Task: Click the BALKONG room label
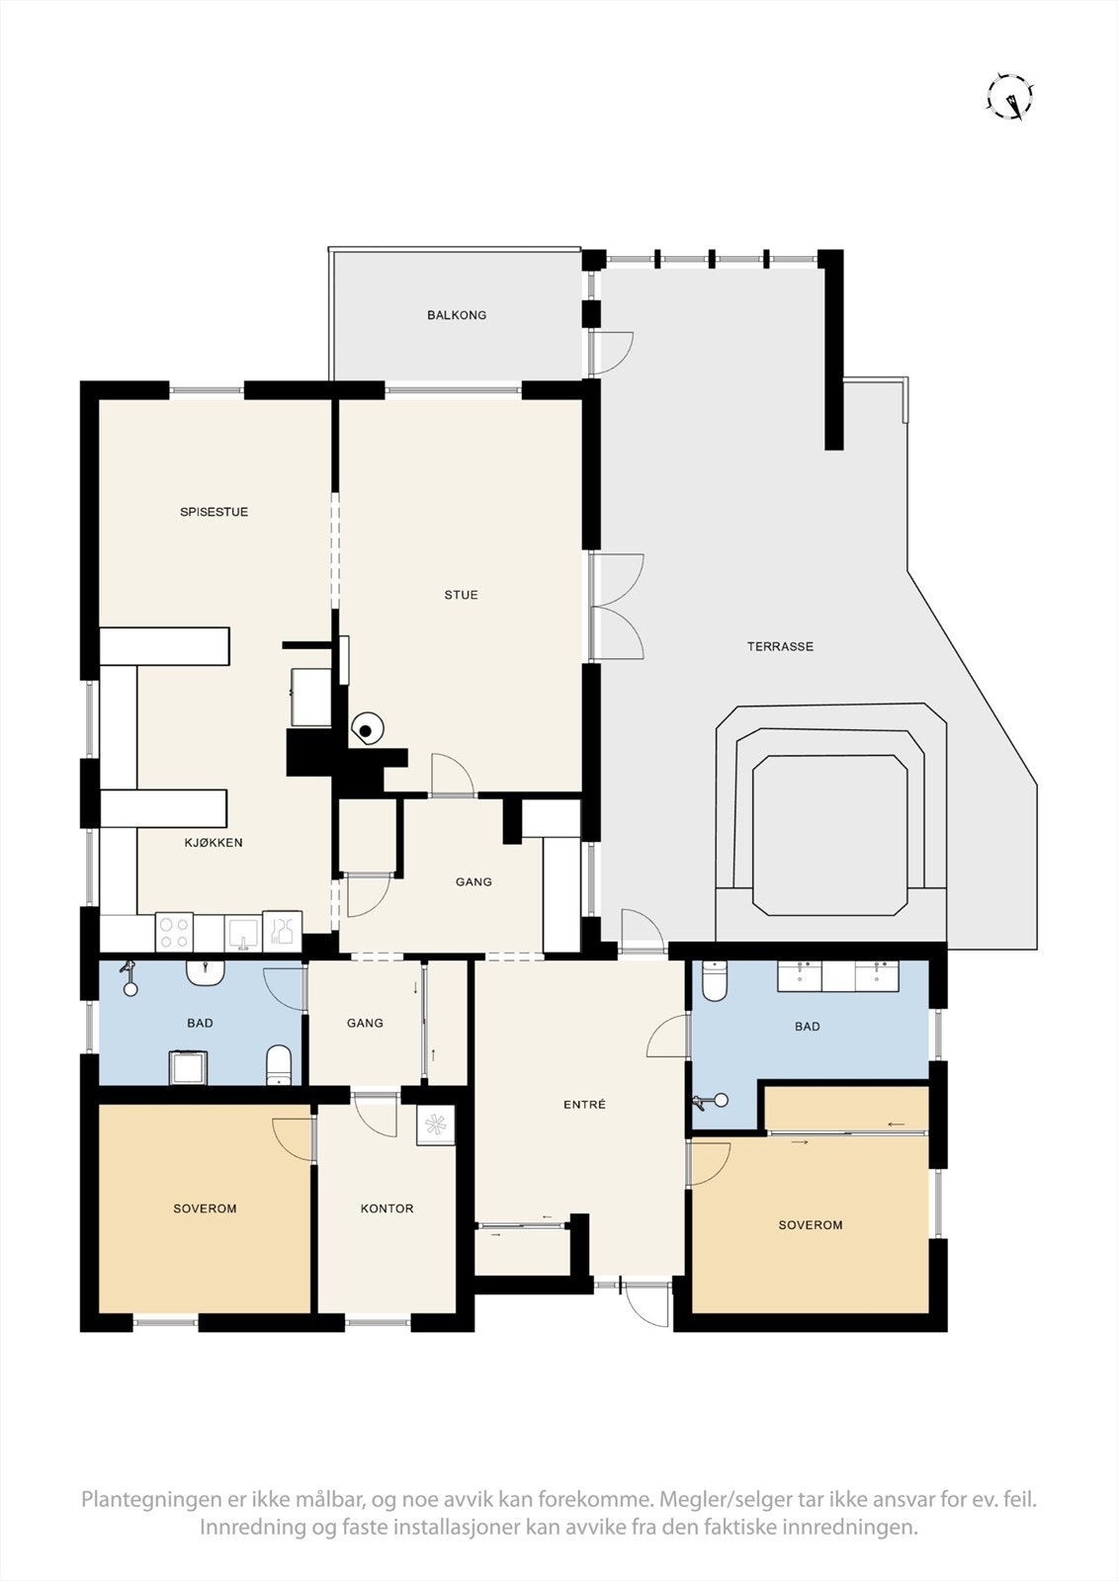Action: tap(457, 315)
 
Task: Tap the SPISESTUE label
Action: tap(214, 512)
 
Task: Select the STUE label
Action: tap(461, 595)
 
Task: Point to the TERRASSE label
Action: tap(780, 646)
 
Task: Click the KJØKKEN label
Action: tap(214, 843)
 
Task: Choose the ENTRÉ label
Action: tap(584, 1105)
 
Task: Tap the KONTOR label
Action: tap(387, 1208)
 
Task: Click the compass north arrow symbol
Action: tap(1010, 98)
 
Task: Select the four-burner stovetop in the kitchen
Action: tap(174, 932)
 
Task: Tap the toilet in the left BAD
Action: tap(280, 1064)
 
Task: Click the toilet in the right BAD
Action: tap(714, 980)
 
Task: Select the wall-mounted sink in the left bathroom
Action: tap(206, 972)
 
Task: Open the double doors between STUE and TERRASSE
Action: tap(617, 607)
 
